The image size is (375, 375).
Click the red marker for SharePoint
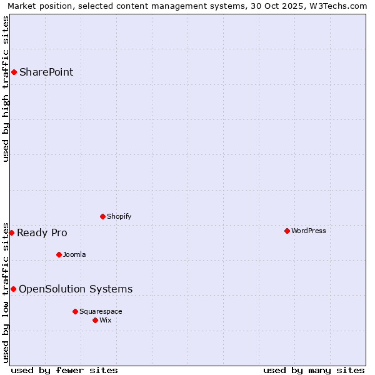[14, 72]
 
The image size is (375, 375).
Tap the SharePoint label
[46, 72]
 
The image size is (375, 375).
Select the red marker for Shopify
[103, 216]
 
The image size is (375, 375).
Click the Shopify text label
[119, 216]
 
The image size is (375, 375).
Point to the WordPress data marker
[287, 231]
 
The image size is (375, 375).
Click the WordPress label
[309, 231]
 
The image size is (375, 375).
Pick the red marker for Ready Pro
[11, 232]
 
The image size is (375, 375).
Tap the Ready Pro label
[42, 233]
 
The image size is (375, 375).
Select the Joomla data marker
[59, 254]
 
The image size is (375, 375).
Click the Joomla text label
[74, 254]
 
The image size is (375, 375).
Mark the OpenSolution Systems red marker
[13, 289]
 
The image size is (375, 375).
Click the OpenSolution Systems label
[76, 289]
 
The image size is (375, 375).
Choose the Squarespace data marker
[75, 311]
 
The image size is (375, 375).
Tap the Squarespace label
[101, 311]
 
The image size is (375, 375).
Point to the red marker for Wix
[95, 320]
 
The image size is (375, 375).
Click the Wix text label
[106, 320]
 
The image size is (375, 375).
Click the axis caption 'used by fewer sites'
[64, 370]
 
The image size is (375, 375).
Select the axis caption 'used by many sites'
[314, 370]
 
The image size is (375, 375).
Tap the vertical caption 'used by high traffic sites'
[6, 89]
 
